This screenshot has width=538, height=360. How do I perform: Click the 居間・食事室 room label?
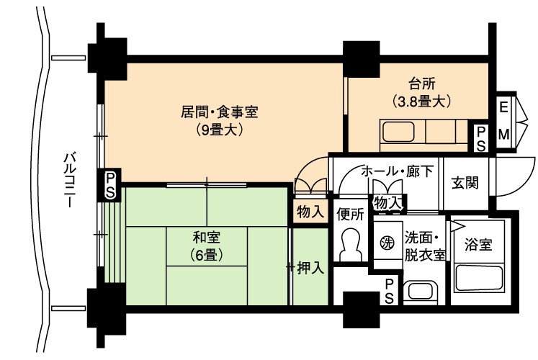219,112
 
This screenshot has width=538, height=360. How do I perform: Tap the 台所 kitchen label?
421,84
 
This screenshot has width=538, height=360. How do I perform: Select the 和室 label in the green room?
207,238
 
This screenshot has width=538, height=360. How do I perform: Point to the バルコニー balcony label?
70,180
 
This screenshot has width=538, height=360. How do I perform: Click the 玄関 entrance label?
465,183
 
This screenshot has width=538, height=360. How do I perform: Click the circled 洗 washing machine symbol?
387,243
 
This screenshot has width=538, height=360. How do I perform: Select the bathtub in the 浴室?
480,278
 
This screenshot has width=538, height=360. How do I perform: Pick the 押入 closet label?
310,268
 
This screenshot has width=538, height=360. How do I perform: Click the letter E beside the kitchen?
503,108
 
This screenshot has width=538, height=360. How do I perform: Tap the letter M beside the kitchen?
503,135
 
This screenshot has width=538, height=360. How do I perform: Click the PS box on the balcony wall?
110,185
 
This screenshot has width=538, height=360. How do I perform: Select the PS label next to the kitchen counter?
481,138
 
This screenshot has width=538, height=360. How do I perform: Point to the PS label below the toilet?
389,291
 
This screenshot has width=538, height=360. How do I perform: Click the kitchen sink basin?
398,132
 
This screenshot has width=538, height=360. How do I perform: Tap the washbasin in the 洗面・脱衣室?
421,292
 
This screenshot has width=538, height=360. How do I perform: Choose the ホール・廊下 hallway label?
398,171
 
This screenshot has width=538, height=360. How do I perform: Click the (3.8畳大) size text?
421,101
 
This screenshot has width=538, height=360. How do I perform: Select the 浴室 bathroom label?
478,245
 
